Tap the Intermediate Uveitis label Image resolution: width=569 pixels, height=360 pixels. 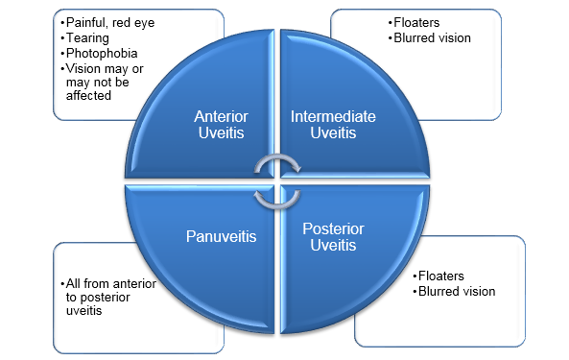point(333,124)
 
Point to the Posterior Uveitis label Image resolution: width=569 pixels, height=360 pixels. point(333,237)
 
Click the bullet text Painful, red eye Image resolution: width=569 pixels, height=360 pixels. point(107,20)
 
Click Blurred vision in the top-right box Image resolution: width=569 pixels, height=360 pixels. point(432,36)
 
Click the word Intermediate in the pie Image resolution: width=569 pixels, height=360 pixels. point(333,116)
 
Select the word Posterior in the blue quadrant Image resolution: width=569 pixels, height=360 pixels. point(333,229)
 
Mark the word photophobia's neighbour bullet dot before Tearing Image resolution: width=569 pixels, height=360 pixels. point(59,36)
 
